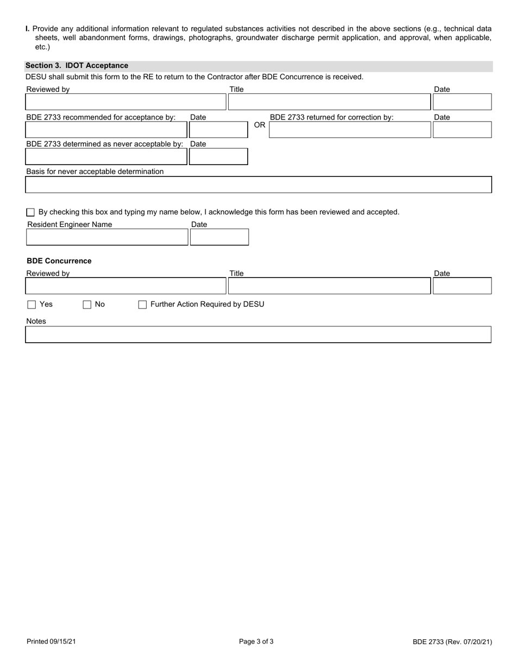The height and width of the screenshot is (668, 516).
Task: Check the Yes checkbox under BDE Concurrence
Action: (x=32, y=305)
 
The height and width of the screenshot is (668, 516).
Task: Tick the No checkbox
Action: (x=87, y=305)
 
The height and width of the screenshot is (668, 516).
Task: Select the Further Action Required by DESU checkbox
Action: (x=142, y=305)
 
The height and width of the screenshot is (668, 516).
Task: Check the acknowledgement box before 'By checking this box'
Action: (x=30, y=212)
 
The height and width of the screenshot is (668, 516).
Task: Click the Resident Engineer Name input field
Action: (x=107, y=237)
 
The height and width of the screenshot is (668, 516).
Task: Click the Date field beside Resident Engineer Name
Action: (x=219, y=237)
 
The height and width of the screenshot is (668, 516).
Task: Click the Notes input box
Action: (x=258, y=335)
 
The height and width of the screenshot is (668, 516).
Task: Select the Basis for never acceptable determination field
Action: (x=258, y=185)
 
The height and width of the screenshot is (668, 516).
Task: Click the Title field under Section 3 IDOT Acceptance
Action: (x=329, y=102)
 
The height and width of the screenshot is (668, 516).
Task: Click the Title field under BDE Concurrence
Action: (x=329, y=286)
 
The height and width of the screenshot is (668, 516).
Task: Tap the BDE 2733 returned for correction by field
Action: (x=350, y=130)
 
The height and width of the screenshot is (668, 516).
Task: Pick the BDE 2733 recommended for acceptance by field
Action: (x=106, y=130)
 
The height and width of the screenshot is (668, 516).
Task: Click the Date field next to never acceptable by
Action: (x=218, y=156)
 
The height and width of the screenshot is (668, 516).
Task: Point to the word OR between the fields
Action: (x=260, y=125)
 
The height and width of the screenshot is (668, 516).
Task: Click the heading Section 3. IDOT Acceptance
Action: (x=77, y=66)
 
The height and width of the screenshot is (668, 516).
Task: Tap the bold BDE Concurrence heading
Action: (x=59, y=261)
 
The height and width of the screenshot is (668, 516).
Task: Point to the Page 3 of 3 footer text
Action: (x=256, y=641)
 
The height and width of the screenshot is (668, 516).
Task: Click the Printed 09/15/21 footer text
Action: (x=51, y=642)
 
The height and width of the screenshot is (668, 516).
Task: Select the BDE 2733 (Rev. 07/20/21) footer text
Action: (x=452, y=642)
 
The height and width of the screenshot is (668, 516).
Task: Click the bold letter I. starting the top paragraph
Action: (x=28, y=29)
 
